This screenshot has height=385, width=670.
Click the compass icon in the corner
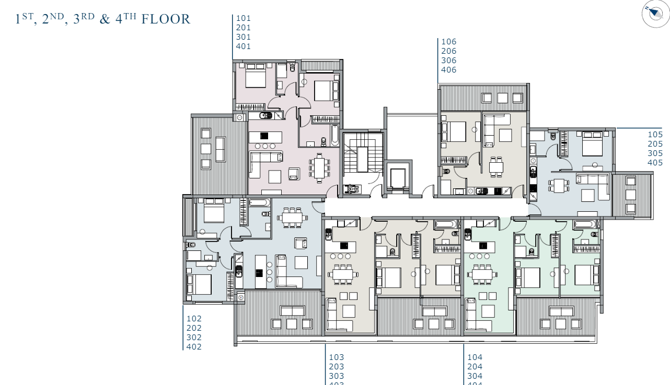(655, 14)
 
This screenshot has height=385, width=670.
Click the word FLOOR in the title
(166, 19)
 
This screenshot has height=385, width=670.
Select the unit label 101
(243, 18)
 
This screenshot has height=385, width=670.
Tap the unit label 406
(448, 70)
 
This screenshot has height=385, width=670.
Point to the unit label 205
(655, 144)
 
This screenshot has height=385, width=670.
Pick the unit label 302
(194, 338)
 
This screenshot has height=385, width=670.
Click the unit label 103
(336, 357)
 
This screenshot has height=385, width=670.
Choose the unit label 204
(475, 367)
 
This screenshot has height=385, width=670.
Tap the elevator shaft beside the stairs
(398, 178)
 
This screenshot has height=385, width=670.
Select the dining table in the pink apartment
(319, 169)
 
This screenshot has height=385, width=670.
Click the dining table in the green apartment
(481, 274)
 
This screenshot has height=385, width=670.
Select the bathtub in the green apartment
(584, 225)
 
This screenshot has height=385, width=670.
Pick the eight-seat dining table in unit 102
(292, 218)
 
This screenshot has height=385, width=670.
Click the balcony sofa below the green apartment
(560, 311)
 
